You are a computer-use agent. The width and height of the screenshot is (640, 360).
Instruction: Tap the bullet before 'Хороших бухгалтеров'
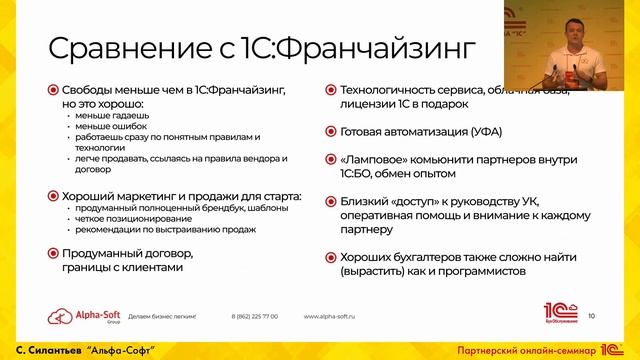pyautogui.click(x=330, y=256)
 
